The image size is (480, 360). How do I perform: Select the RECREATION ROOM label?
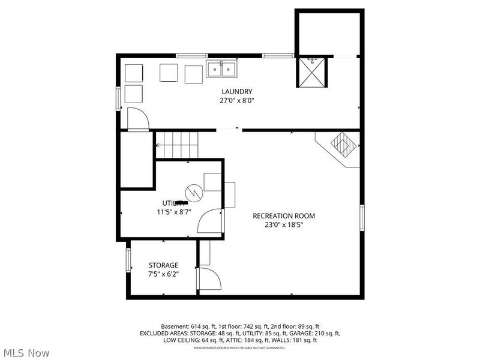point(283,216)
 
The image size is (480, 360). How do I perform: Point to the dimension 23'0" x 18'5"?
point(283,226)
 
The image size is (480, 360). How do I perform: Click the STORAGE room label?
point(163,265)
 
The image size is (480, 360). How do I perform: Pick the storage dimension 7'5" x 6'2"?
point(163,274)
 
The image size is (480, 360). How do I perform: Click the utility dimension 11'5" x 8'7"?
point(173,212)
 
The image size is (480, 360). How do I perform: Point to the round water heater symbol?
point(194,192)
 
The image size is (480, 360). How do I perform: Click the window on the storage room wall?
point(128,260)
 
